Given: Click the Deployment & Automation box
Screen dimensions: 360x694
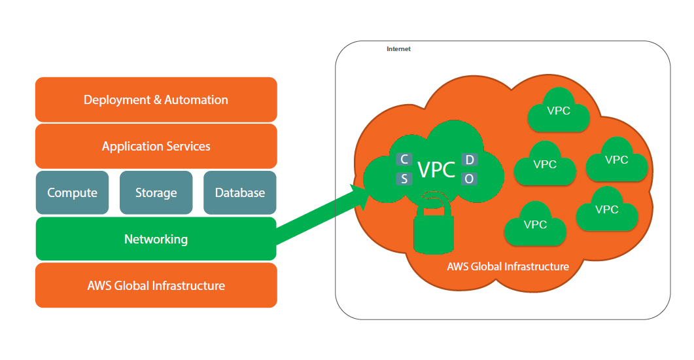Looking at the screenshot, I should coord(156,99).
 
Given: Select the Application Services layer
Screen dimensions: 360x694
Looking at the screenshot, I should coord(156,146).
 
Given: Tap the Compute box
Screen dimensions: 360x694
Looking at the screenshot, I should coord(72,192).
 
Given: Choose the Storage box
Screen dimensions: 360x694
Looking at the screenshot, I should coord(156,192).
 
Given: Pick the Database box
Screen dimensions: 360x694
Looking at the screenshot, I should coord(239,192).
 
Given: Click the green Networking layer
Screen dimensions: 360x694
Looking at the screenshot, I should coord(156,239).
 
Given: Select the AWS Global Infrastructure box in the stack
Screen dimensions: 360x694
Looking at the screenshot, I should coord(156,285).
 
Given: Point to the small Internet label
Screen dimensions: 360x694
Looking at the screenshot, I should coord(398,49).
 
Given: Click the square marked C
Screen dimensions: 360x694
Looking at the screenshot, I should coord(404,160).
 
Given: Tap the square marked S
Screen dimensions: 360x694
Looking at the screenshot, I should coord(404,179).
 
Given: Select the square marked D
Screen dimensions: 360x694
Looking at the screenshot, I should coord(469,160).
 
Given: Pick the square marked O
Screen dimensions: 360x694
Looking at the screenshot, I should coord(469,179).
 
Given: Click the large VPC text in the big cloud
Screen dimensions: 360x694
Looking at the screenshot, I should coord(436,170).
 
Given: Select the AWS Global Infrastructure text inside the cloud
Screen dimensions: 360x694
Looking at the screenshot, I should coord(508,266).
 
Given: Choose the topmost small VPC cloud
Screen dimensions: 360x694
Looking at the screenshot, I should coord(558,111).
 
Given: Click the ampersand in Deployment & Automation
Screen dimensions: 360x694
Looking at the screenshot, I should coord(157,100).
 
